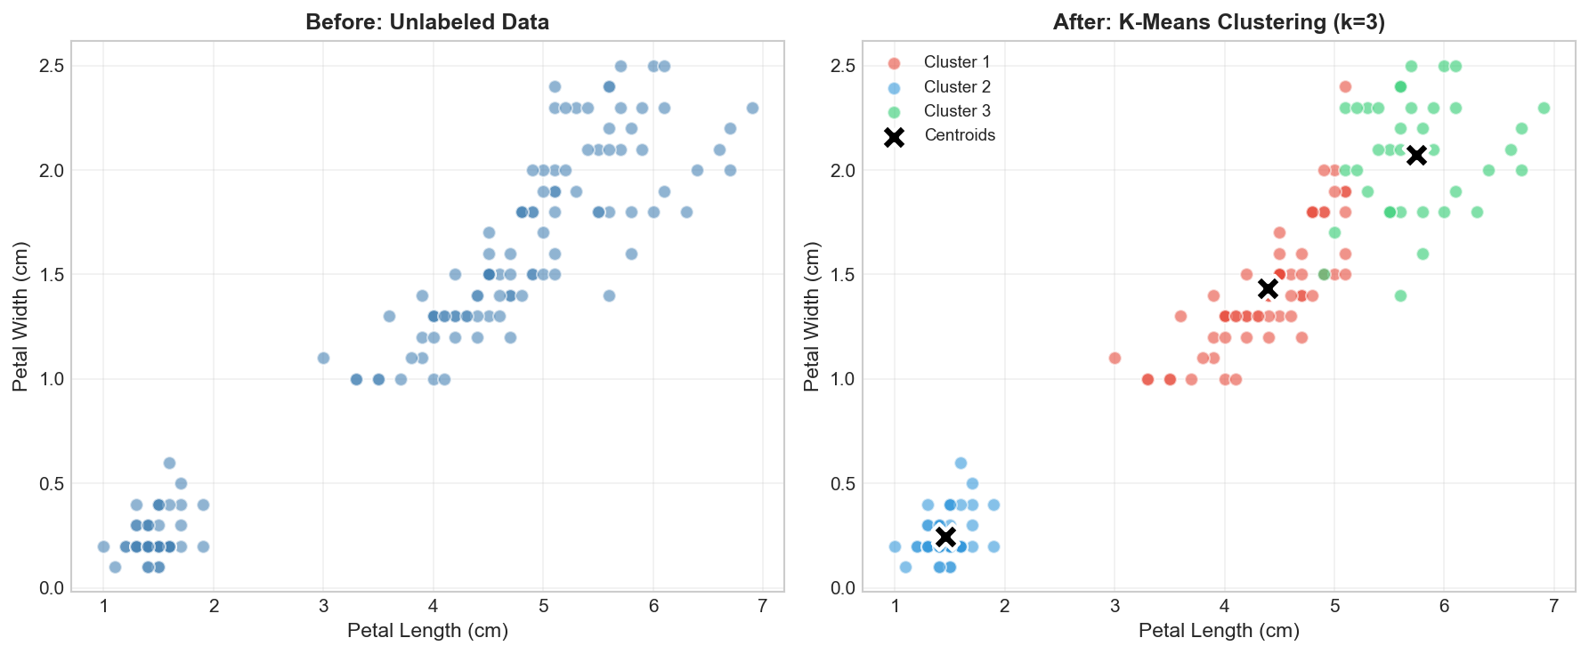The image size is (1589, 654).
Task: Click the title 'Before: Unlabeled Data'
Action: (427, 22)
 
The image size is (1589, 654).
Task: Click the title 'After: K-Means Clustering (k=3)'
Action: (1219, 22)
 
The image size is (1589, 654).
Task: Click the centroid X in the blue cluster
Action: (946, 537)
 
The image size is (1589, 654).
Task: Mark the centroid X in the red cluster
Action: (1268, 288)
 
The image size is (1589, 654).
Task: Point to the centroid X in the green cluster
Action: (1416, 155)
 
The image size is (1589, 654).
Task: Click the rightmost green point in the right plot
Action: (1544, 108)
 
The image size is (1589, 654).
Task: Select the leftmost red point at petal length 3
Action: (1115, 358)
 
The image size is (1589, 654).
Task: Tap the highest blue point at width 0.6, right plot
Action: (961, 463)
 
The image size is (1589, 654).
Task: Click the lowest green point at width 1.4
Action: (1400, 295)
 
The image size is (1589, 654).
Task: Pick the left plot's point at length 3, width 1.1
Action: (323, 358)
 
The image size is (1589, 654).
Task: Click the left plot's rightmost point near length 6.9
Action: (752, 108)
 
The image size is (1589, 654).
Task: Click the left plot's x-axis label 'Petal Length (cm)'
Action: (427, 631)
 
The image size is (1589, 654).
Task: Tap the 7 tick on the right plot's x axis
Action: (1554, 606)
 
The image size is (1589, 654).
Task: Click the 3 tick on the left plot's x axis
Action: (323, 606)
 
